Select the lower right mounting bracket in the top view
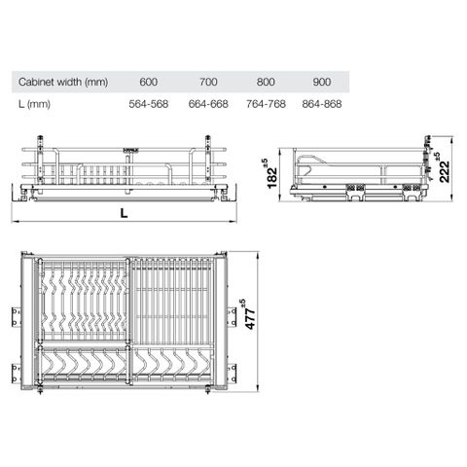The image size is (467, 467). pyautogui.click(x=233, y=370)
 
